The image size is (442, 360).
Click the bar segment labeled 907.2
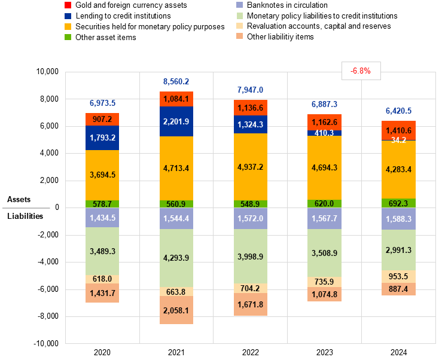coord(102,119)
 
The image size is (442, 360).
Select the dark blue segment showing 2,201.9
coord(176,121)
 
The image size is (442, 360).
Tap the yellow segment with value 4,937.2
coord(250,167)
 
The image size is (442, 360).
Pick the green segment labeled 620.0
coord(324,203)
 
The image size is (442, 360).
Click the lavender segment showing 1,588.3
coord(398,219)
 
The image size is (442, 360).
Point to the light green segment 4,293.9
coord(176,258)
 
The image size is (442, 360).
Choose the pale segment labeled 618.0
coord(102,279)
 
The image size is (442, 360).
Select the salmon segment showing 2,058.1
coord(176,310)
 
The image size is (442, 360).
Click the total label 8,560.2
coord(176,81)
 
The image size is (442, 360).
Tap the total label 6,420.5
coord(398,111)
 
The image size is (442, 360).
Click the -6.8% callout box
coord(361,71)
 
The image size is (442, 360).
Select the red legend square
coord(68,5)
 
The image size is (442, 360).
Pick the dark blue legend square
coord(68,16)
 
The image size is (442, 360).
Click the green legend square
coord(68,37)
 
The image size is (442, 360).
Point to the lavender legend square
coord(239,5)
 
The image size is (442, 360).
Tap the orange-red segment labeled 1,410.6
coord(398,130)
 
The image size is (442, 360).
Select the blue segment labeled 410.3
coord(316,133)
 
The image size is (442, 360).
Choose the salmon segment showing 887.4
coord(398,289)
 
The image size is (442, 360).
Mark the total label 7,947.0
coord(250,90)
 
